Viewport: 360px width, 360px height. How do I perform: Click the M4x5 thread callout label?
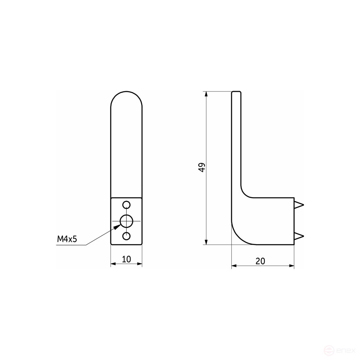67,239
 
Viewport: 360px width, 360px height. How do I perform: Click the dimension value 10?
126,259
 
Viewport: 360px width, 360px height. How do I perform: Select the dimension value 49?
202,168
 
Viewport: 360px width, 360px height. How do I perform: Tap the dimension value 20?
260,261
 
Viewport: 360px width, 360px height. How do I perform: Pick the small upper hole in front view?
127,204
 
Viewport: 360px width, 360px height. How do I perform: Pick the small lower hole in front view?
127,236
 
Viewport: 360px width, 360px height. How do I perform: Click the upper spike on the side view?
299,205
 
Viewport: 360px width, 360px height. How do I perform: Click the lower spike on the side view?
299,236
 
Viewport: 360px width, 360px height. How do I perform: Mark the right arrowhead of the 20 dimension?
291,266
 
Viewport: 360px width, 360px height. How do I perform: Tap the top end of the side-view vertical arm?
237,93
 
